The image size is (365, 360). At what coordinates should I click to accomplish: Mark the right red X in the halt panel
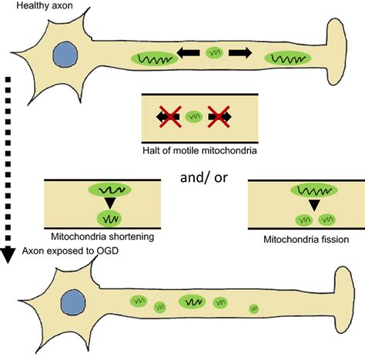(219, 116)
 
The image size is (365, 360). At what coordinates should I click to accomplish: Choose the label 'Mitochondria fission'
(304, 240)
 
